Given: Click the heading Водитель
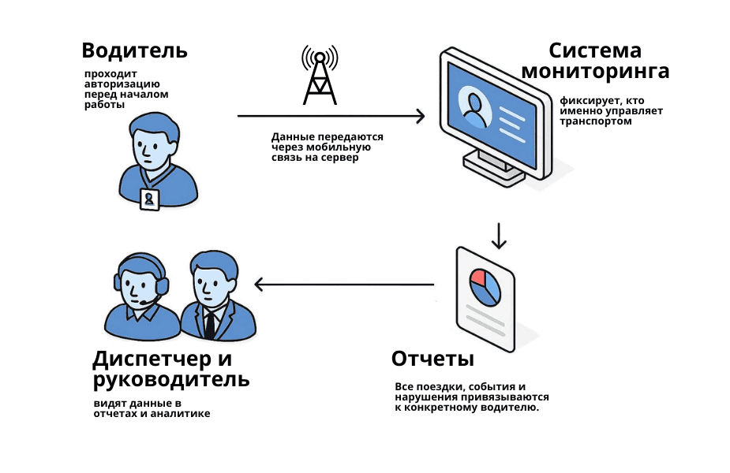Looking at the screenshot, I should point(134,50).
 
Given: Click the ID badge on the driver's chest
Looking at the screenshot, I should point(148,199).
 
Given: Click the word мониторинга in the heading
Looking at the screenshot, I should point(596,72).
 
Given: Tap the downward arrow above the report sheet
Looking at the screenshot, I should point(498,235).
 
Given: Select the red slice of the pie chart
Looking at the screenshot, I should point(477,277).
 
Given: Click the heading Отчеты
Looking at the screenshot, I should point(432,359).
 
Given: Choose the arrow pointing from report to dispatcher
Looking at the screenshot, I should point(343,285).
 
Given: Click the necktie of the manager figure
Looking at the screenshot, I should point(210,323).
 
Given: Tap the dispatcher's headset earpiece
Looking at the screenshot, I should point(162,285).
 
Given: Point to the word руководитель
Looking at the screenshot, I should point(171,380).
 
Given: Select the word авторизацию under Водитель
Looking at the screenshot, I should point(122,84).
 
